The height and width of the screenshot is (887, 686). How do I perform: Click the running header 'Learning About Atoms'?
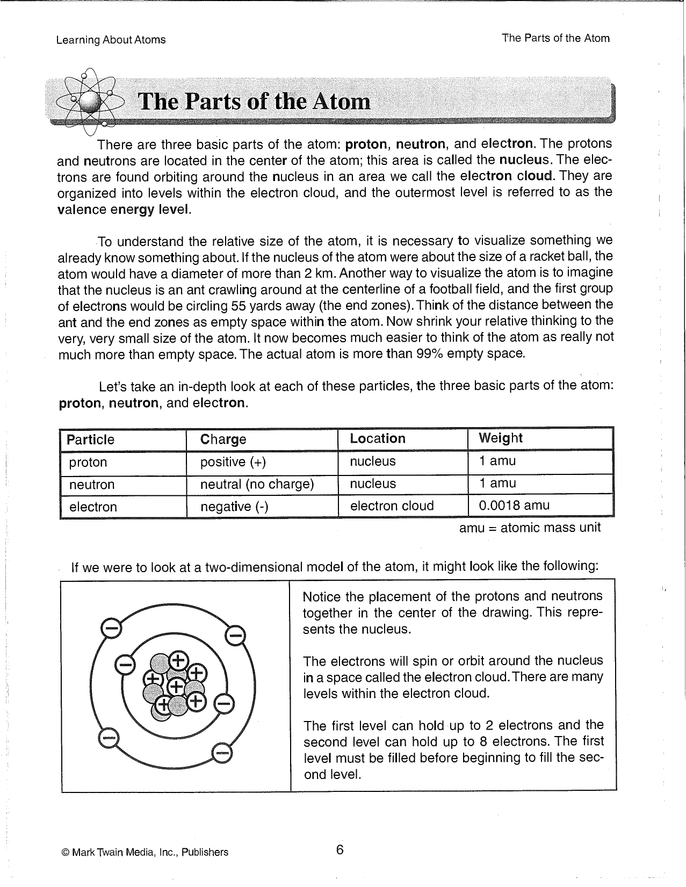click(x=111, y=40)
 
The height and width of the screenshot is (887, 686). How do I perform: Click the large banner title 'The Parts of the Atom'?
click(x=255, y=102)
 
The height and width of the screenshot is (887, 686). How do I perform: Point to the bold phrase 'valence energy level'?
click(x=124, y=210)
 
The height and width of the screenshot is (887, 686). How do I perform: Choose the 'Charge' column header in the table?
click(x=223, y=439)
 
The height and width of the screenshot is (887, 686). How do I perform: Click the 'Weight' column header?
click(x=500, y=438)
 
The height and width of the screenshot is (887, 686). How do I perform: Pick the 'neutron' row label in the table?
click(x=92, y=485)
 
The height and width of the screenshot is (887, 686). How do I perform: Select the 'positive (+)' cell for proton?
click(x=233, y=462)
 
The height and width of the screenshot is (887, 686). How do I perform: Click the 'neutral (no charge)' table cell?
click(x=257, y=485)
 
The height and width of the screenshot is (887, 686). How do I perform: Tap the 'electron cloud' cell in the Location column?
click(x=392, y=506)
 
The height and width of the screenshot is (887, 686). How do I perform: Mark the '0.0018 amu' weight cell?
click(x=514, y=506)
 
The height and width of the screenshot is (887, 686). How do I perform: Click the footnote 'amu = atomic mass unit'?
click(x=530, y=528)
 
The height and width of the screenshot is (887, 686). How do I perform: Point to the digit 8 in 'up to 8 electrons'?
click(x=483, y=742)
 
